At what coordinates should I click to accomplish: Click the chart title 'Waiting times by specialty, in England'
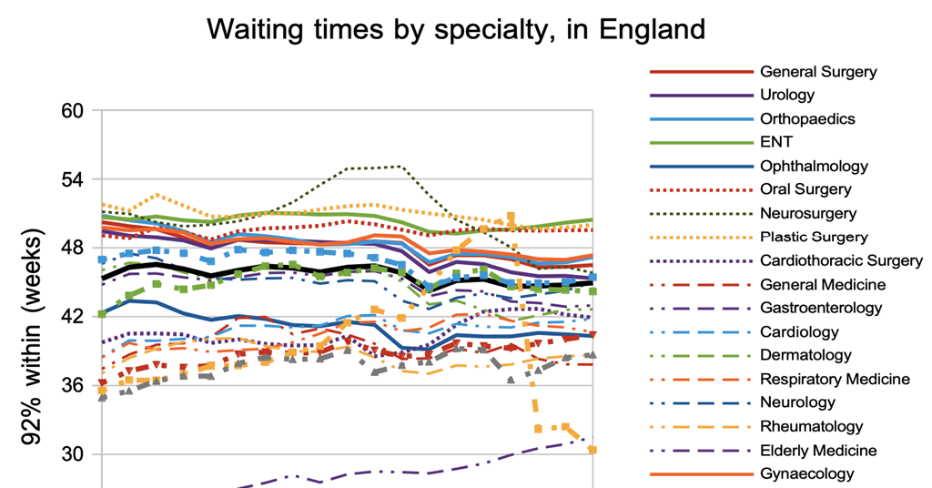[456, 29]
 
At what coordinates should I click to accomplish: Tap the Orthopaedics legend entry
[807, 118]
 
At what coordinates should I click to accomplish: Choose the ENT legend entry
[775, 142]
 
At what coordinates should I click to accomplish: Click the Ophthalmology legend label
[814, 166]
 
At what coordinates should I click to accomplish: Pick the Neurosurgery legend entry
[807, 213]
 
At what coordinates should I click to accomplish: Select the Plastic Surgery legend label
[814, 237]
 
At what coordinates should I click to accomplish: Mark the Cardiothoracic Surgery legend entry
[841, 260]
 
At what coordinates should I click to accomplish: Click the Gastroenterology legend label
[820, 308]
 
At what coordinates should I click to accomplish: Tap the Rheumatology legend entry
[811, 426]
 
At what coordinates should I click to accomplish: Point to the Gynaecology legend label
[806, 473]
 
